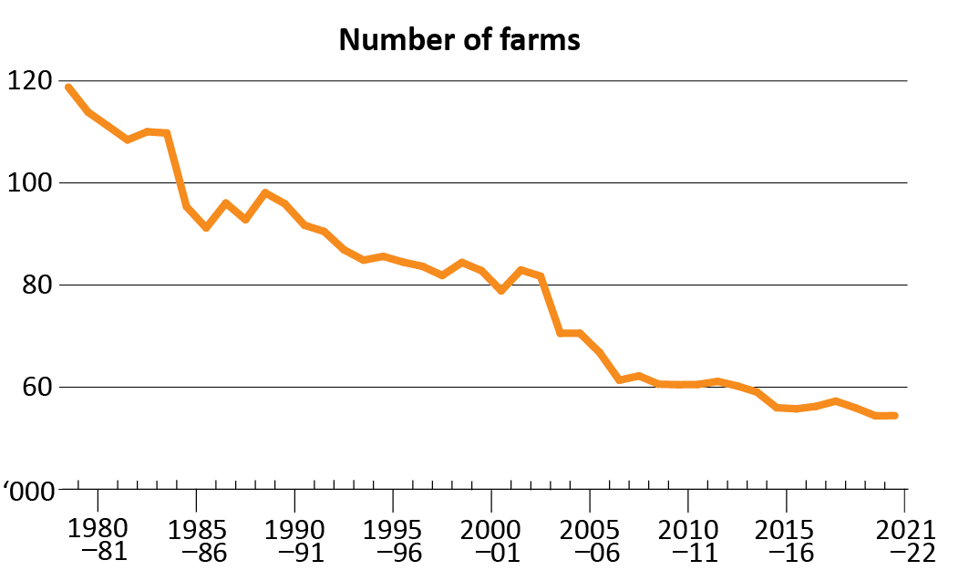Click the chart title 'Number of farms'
(x=459, y=40)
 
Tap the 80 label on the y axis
(x=35, y=285)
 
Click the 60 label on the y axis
(x=35, y=388)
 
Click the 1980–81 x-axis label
(x=98, y=540)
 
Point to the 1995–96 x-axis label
(x=393, y=540)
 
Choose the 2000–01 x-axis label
(x=491, y=540)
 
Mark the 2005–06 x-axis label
(x=590, y=540)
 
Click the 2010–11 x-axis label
(x=688, y=540)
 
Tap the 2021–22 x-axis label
(x=904, y=540)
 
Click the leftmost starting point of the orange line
(x=68, y=88)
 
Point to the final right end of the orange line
(x=895, y=415)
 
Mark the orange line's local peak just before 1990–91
(x=264, y=192)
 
